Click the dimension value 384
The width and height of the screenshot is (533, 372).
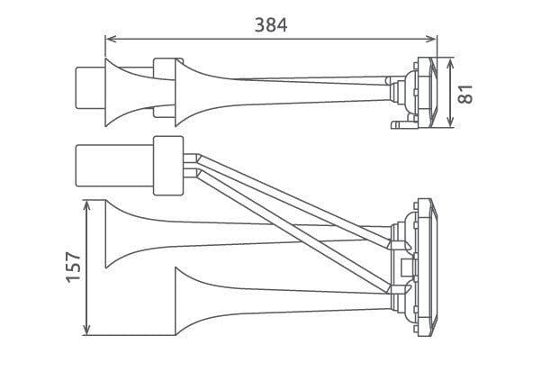[270, 24]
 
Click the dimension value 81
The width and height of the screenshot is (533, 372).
[465, 92]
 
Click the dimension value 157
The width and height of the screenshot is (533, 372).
[74, 267]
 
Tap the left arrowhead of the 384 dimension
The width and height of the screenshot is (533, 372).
[110, 39]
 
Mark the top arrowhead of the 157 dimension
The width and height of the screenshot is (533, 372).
[86, 204]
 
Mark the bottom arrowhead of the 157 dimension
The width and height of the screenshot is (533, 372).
[86, 331]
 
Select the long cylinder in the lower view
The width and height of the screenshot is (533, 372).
[115, 167]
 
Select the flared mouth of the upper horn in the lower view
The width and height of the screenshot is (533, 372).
[115, 234]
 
